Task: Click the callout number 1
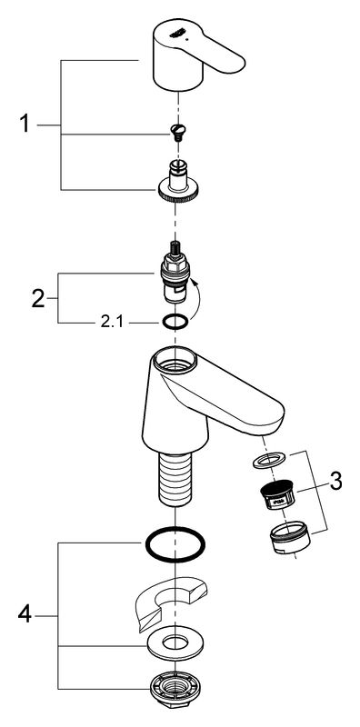25,124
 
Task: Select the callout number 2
38,298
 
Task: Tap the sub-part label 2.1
112,323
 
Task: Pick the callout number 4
25,616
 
